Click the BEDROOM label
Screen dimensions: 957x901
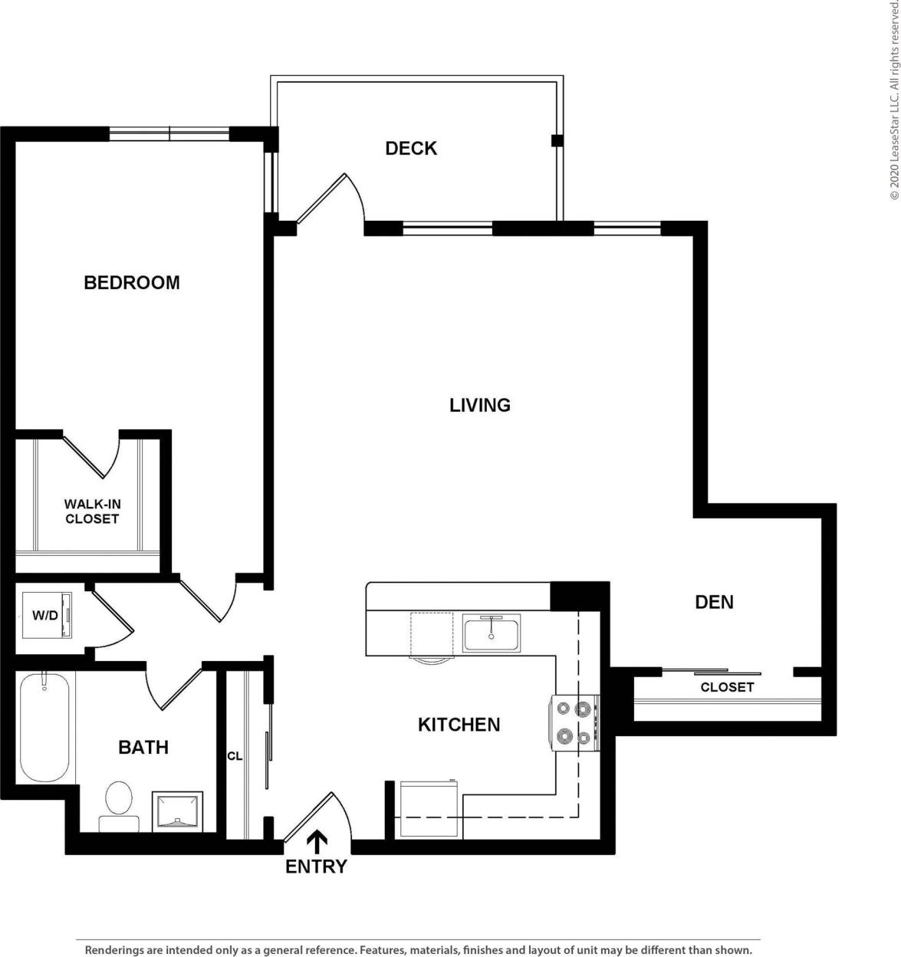(x=131, y=282)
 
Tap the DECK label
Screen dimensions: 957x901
(x=411, y=148)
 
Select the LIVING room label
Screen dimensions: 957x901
(x=480, y=405)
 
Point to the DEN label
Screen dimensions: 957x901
(x=714, y=602)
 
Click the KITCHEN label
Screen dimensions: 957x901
(x=459, y=724)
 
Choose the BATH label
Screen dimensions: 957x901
(x=143, y=747)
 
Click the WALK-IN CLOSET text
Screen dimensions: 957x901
(x=92, y=511)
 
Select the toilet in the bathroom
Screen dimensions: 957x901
(x=119, y=805)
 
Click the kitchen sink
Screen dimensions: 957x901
(x=492, y=633)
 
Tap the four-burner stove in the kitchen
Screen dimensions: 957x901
(x=574, y=723)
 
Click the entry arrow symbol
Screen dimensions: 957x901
(x=317, y=841)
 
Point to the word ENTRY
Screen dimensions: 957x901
(x=316, y=867)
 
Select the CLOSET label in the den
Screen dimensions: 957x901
(x=727, y=687)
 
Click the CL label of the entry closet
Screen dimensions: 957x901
(x=235, y=756)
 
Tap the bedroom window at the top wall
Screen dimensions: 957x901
(x=169, y=133)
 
